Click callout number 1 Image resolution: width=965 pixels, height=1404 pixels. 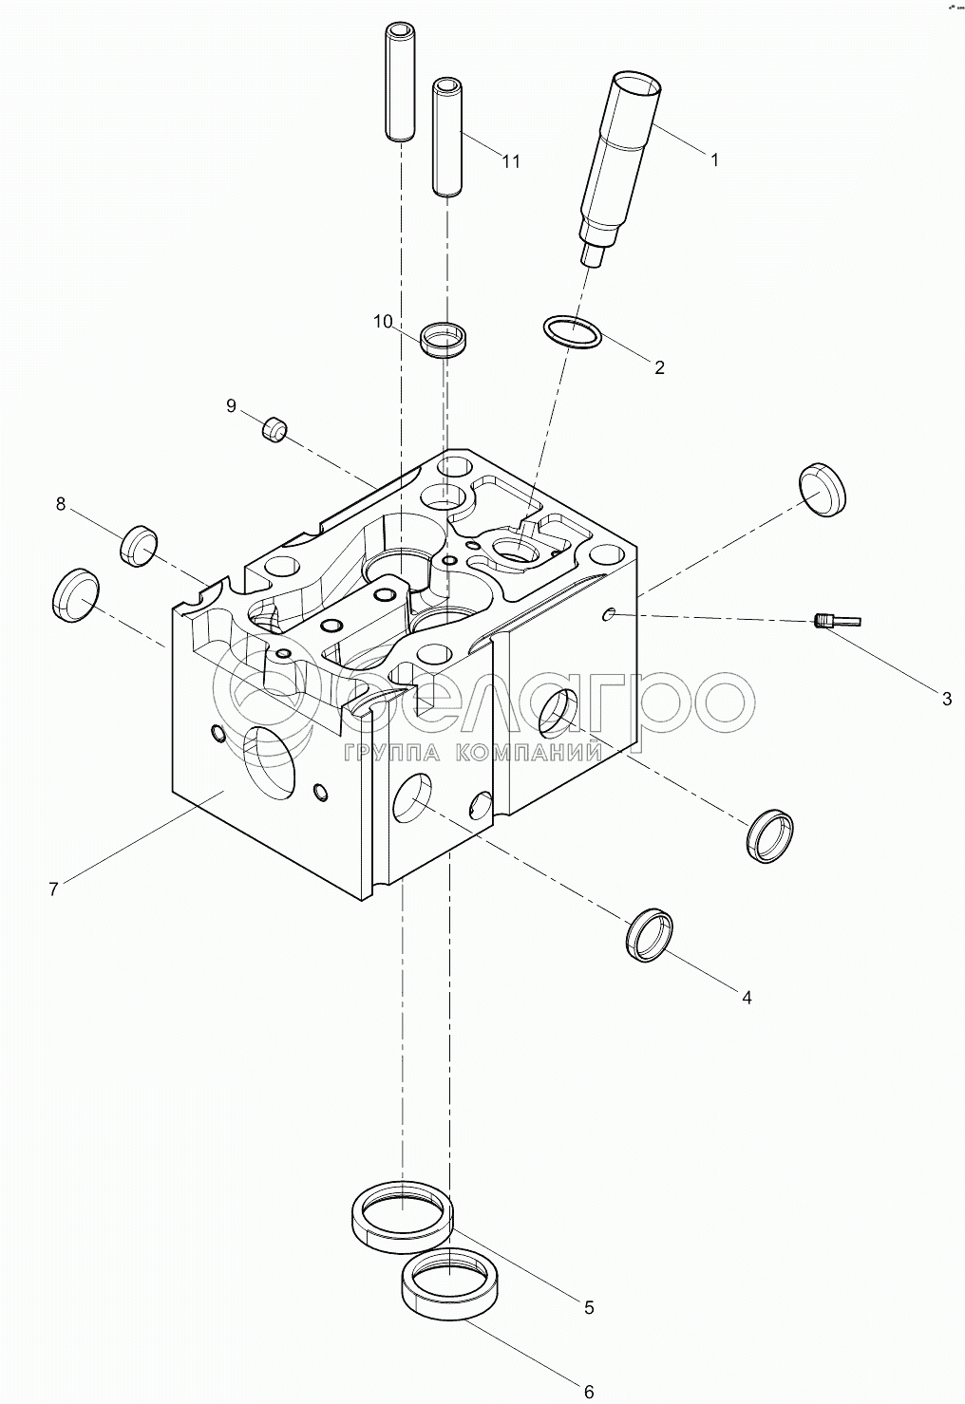(x=714, y=160)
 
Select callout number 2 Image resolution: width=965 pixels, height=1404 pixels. (x=659, y=367)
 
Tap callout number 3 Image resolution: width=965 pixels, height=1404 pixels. (x=946, y=700)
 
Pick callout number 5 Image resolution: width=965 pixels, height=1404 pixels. (x=589, y=1307)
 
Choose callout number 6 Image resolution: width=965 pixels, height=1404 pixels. (x=589, y=1392)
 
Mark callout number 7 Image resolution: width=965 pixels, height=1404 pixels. (x=54, y=889)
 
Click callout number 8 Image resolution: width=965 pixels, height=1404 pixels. (x=61, y=504)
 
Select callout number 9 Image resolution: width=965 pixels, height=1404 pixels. (x=231, y=405)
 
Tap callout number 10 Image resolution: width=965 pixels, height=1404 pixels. (x=382, y=322)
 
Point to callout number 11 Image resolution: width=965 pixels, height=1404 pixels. (x=511, y=161)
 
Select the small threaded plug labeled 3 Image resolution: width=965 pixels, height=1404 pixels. (x=837, y=622)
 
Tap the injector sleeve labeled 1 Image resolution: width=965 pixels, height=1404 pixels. (x=617, y=161)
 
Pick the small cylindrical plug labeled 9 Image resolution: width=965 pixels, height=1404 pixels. (x=274, y=430)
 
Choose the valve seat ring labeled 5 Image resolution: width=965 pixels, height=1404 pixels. (x=403, y=1218)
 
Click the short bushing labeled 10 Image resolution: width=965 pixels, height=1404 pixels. (x=445, y=339)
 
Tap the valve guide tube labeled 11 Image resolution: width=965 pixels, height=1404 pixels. (x=446, y=138)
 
